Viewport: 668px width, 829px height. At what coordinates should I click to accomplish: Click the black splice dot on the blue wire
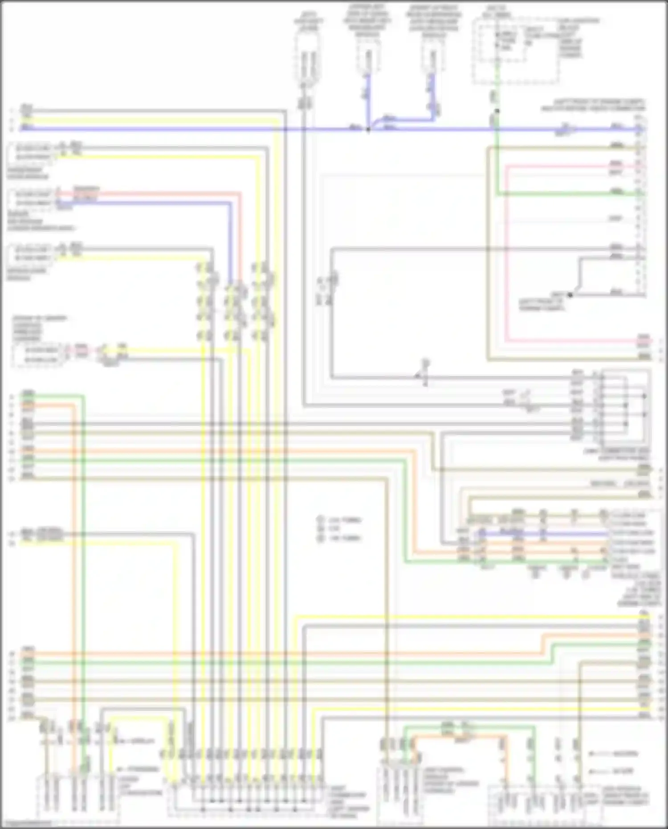pyautogui.click(x=368, y=130)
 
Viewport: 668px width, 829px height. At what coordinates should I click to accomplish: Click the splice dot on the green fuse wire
pyautogui.click(x=497, y=111)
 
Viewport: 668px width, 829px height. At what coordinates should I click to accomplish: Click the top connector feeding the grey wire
pyautogui.click(x=307, y=60)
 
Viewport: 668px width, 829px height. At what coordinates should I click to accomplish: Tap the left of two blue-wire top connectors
pyautogui.click(x=368, y=60)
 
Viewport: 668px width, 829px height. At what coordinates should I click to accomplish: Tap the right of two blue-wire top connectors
pyautogui.click(x=432, y=60)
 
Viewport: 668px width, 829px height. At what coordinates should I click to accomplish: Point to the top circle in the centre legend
pyautogui.click(x=320, y=520)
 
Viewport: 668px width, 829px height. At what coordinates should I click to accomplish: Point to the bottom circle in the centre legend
pyautogui.click(x=320, y=538)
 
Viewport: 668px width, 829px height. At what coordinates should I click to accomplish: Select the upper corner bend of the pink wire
pyautogui.click(x=507, y=166)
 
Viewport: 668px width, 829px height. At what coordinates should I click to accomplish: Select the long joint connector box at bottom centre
pyautogui.click(x=247, y=797)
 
